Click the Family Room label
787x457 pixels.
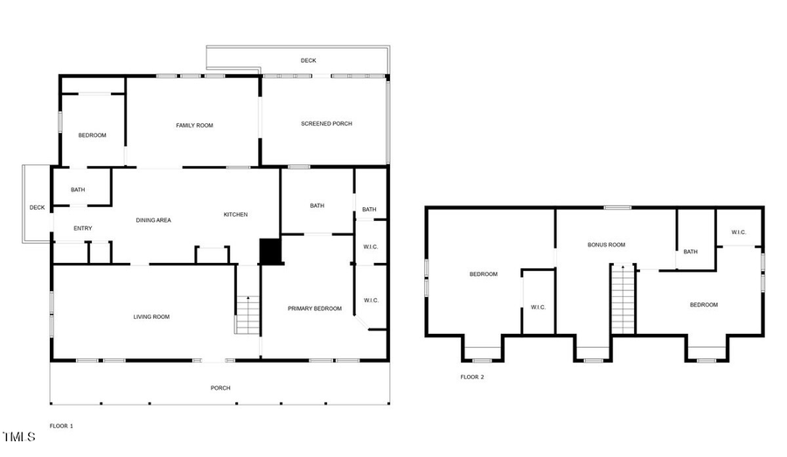[x=194, y=126]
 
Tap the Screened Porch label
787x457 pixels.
[x=326, y=124]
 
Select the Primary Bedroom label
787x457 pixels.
[x=315, y=308]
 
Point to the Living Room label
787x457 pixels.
[x=151, y=316]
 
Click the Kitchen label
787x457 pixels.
[x=235, y=215]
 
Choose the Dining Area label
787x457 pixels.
[x=153, y=220]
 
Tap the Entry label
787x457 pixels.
[x=82, y=229]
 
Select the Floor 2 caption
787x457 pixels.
[x=471, y=377]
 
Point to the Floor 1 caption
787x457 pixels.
[x=61, y=426]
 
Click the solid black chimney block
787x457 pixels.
[x=271, y=252]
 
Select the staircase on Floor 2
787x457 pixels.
[x=622, y=300]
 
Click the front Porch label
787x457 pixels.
[x=220, y=388]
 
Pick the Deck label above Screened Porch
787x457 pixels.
[x=308, y=60]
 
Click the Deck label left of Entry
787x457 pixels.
[x=37, y=208]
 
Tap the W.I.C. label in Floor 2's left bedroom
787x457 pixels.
[x=538, y=307]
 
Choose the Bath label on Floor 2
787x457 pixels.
[x=690, y=253]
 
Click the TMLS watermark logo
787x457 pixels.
[x=18, y=436]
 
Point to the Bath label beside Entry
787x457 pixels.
[x=78, y=190]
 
